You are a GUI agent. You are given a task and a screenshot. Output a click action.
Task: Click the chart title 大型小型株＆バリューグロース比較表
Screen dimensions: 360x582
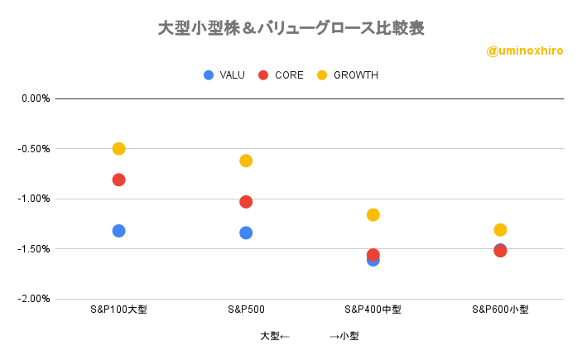(291, 28)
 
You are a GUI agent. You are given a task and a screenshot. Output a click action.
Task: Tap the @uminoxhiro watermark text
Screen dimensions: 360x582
(525, 51)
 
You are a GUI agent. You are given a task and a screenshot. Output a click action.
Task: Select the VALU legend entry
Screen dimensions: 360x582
(225, 75)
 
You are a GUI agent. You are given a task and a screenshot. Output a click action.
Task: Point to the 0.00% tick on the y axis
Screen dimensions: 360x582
(36, 98)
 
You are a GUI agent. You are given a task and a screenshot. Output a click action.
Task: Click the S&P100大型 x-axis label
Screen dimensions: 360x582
(118, 310)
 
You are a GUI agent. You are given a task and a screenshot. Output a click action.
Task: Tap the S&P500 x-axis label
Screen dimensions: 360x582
(246, 310)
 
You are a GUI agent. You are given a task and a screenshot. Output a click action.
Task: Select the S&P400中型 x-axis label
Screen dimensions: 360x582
(373, 310)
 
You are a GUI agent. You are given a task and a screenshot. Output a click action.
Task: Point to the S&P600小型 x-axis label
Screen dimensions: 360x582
(500, 310)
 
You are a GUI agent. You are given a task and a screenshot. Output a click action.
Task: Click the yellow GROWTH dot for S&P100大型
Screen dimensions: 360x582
(118, 149)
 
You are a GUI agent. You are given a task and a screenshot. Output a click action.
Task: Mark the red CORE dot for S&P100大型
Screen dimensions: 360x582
(118, 180)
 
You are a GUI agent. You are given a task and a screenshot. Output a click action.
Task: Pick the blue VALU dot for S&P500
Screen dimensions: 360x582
(246, 233)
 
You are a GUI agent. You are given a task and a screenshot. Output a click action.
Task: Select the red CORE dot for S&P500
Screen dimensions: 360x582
(246, 202)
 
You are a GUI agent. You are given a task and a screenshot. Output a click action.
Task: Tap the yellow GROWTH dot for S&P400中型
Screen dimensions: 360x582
(373, 215)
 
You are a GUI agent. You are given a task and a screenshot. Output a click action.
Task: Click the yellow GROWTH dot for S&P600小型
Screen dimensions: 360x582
(500, 230)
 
